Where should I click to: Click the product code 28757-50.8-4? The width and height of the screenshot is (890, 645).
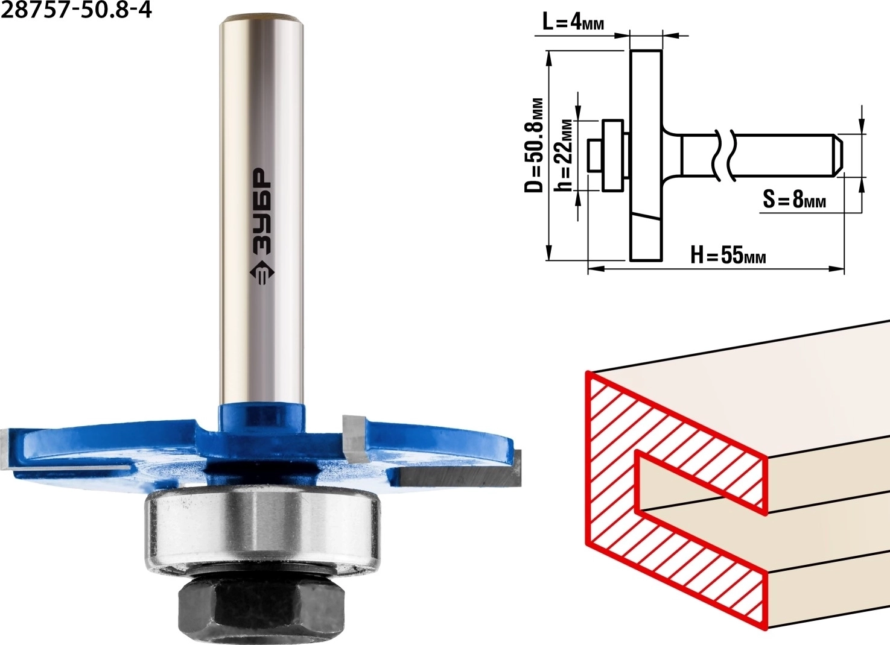(76, 10)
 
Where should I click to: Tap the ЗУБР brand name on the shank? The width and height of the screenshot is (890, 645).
(262, 211)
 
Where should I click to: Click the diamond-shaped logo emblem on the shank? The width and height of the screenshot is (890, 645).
(262, 273)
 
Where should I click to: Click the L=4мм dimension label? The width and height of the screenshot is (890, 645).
(573, 24)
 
